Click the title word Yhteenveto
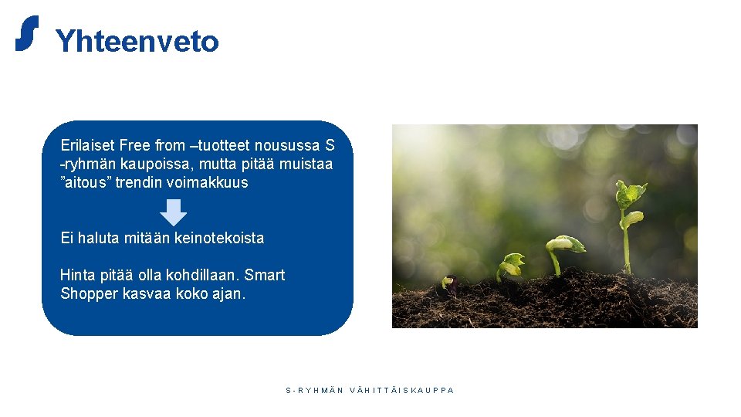[137, 42]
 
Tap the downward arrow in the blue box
[174, 212]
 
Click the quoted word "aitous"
[86, 183]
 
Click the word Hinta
[77, 275]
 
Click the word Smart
[266, 275]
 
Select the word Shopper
[90, 293]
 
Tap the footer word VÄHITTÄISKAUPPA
[402, 391]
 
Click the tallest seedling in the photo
[628, 224]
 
